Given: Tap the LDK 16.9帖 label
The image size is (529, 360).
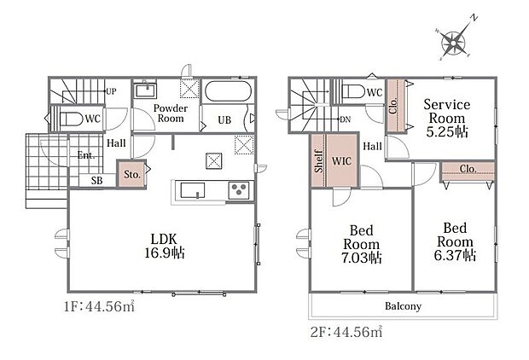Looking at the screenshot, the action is point(165,246).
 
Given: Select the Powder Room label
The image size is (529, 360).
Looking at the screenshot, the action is point(171,113).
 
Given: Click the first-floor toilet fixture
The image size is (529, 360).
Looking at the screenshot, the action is point(71,119).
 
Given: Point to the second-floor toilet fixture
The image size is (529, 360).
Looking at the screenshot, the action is point(353,91).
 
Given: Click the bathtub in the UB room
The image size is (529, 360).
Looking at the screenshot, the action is point(229,90).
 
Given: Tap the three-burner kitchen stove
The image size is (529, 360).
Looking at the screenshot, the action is point(239,190).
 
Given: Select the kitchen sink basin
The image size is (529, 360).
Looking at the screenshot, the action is point(192,190).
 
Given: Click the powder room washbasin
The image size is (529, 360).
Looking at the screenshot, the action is point(145,90).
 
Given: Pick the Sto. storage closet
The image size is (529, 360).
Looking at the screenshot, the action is point(132,174).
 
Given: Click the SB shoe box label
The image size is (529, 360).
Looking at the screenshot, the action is point(96,181).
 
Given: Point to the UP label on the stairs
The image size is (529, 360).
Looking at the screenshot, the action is point(111,91).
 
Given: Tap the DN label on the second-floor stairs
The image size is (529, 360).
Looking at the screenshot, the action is point(346,119).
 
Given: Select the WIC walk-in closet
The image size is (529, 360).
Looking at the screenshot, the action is point(342,160).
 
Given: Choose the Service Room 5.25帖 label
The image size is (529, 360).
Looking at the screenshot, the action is point(447,118).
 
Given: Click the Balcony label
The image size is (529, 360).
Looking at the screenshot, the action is point(404,306).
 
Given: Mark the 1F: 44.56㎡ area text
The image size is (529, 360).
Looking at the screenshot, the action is point(100,306).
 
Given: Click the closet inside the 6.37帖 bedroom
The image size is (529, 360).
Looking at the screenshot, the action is point(468,171).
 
